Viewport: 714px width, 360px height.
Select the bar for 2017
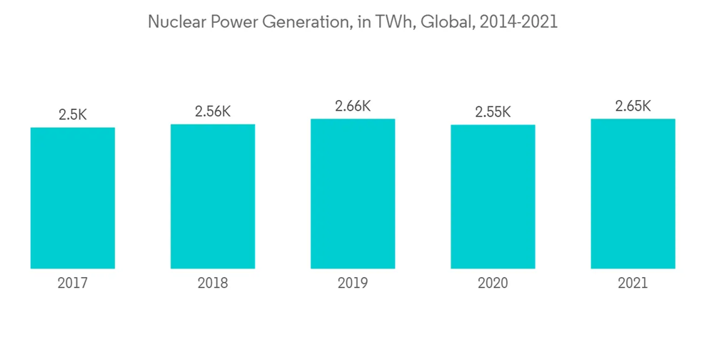point(73,198)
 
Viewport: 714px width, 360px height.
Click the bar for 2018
point(213,196)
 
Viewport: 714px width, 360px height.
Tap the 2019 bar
point(353,194)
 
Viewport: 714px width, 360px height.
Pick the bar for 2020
point(493,196)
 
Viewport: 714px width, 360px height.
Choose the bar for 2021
point(633,194)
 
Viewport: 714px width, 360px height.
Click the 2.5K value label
point(73,114)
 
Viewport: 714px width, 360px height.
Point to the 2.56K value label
point(213,111)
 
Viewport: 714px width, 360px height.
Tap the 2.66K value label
point(353,106)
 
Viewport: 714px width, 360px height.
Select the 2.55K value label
point(493,112)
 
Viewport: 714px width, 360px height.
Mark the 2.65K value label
point(633,106)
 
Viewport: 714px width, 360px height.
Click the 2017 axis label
point(73,284)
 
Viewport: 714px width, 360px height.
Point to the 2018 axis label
point(213,284)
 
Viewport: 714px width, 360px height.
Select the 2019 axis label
point(353,284)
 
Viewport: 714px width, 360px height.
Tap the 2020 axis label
point(493,284)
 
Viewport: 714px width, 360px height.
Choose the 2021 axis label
point(633,284)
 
